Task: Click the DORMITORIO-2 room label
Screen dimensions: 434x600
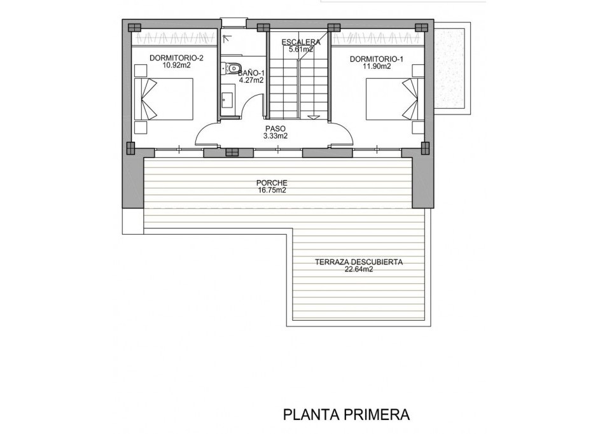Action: pyautogui.click(x=176, y=59)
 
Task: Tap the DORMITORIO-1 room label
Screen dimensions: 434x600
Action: pyautogui.click(x=377, y=59)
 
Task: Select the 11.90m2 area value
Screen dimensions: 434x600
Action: pyautogui.click(x=377, y=66)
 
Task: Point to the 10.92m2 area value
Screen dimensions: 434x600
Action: pyautogui.click(x=176, y=66)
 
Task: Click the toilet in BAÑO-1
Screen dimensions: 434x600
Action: pyautogui.click(x=232, y=68)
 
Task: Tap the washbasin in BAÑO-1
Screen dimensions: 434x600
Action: pyautogui.click(x=228, y=100)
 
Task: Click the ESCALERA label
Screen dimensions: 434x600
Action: pyautogui.click(x=302, y=42)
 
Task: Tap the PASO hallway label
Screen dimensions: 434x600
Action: pyautogui.click(x=276, y=128)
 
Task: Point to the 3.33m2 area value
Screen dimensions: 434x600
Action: pyautogui.click(x=276, y=136)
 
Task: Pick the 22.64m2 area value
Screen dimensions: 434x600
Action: pyautogui.click(x=359, y=269)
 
